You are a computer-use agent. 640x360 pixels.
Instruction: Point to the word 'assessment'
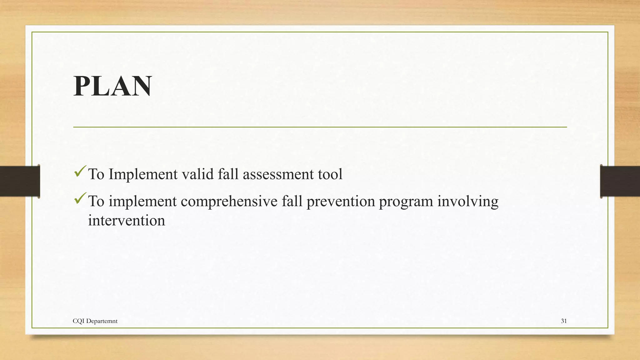click(x=278, y=174)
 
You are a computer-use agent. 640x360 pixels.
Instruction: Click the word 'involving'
click(x=467, y=201)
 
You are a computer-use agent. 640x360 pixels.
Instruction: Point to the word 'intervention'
click(x=127, y=221)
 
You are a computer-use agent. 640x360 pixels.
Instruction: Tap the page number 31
click(x=564, y=321)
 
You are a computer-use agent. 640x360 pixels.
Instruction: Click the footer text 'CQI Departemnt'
click(x=95, y=321)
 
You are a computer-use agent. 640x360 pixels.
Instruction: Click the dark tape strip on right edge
click(x=620, y=181)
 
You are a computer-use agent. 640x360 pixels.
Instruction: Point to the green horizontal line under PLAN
click(x=320, y=127)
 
